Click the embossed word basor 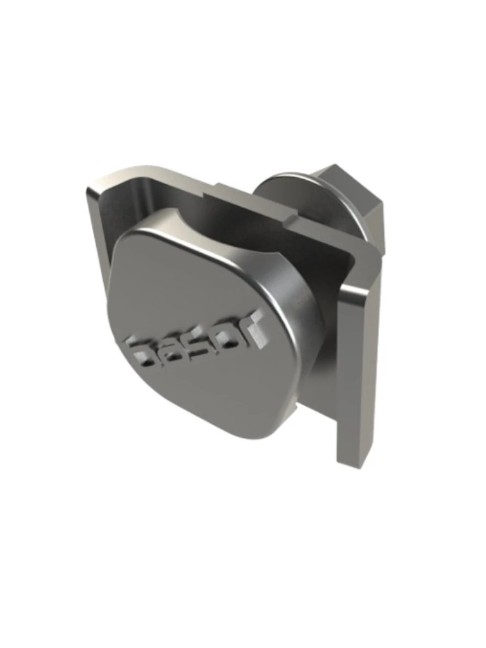pos(193,342)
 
